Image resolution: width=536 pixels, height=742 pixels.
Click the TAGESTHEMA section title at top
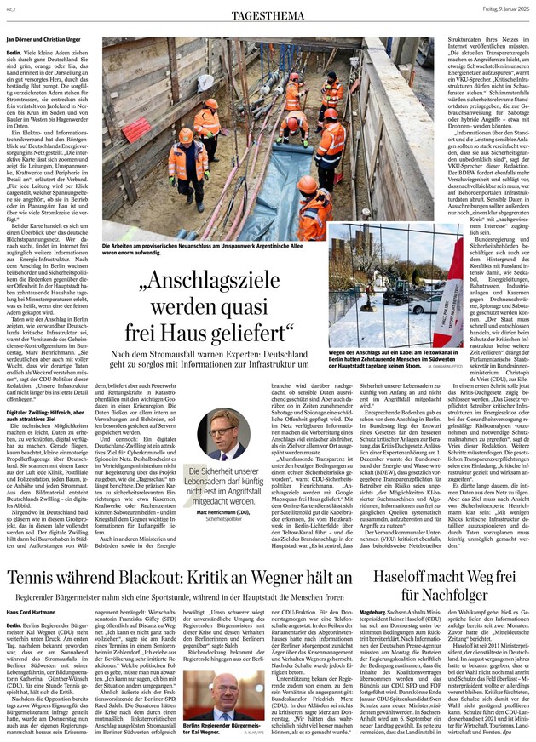point(268,11)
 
